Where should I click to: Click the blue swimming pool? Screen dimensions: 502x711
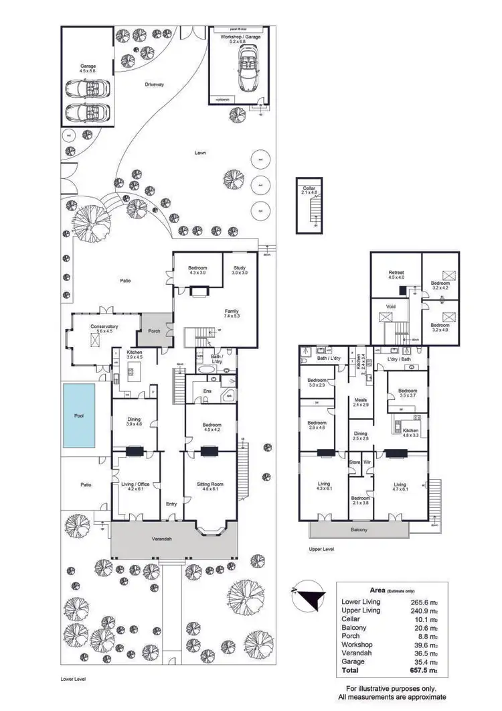tap(78, 415)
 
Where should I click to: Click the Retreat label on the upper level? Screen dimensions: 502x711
tap(396, 273)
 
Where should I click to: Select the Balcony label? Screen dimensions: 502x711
tap(359, 530)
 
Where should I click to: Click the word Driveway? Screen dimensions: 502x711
tap(155, 84)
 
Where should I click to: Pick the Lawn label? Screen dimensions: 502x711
tap(200, 153)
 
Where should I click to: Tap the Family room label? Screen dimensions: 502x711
tap(232, 311)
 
